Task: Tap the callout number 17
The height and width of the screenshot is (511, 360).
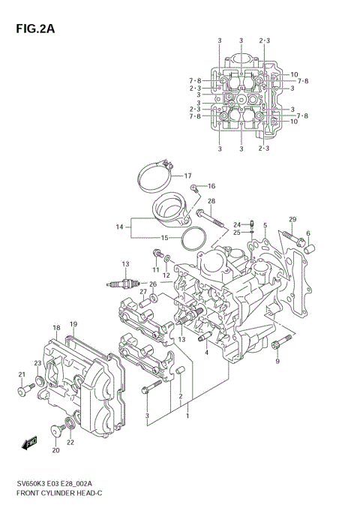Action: [189, 176]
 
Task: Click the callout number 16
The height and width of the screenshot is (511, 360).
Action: [211, 186]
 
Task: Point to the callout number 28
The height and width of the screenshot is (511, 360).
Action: [211, 201]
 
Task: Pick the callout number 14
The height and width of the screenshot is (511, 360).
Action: [118, 226]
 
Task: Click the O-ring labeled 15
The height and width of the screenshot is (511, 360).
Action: [194, 240]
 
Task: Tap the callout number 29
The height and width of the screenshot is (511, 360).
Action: [292, 219]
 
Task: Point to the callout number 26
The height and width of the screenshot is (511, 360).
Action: [153, 284]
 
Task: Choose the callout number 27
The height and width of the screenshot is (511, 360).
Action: [142, 292]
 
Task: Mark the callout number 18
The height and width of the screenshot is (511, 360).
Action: [56, 328]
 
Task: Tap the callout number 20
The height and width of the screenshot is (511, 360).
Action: [55, 450]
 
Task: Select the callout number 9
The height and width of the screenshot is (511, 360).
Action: [277, 362]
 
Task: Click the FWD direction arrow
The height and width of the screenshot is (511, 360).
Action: [29, 442]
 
